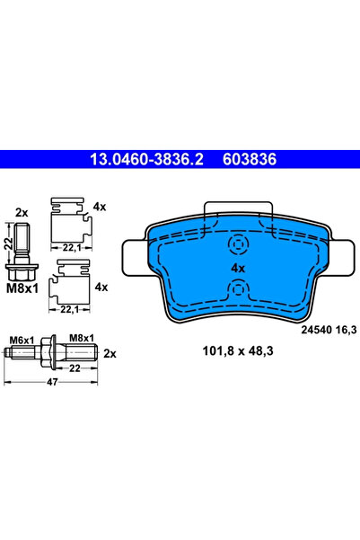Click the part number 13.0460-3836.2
pyautogui.click(x=146, y=159)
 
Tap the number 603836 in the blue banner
pyautogui.click(x=250, y=159)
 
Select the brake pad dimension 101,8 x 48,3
pyautogui.click(x=238, y=351)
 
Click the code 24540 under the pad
pyautogui.click(x=317, y=330)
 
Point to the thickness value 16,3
pyautogui.click(x=346, y=330)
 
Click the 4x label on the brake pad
pyautogui.click(x=238, y=268)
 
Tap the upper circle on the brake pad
pyautogui.click(x=238, y=244)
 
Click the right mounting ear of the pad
pyautogui.click(x=341, y=258)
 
